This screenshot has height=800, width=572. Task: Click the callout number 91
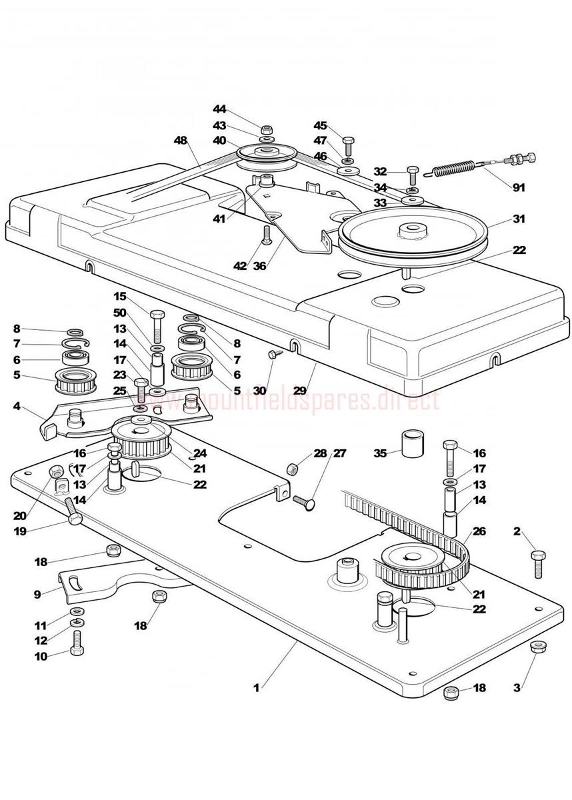point(519,188)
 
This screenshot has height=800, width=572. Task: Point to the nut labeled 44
point(266,127)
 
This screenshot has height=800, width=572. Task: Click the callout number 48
point(181,141)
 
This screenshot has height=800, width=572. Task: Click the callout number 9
point(37,593)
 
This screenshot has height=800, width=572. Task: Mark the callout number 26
point(479,531)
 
